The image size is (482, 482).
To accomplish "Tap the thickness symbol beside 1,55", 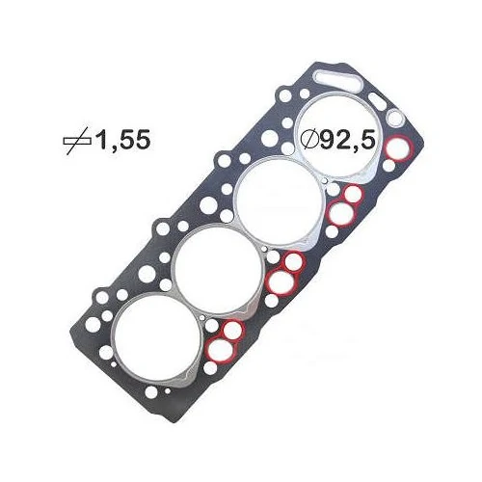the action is [x=77, y=141].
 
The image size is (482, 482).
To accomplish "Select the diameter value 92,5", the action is [x=347, y=140].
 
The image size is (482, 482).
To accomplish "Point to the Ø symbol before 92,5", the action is [x=309, y=140].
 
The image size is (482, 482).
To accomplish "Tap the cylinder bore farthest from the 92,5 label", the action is [x=157, y=338].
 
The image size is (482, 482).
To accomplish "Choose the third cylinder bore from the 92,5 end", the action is [x=219, y=269].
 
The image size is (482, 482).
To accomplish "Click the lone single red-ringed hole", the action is [x=399, y=148].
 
